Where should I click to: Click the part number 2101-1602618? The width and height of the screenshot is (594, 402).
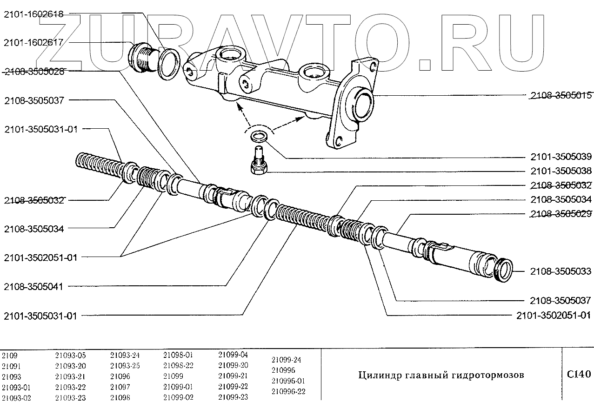[33, 14]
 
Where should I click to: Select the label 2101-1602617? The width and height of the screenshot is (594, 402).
[33, 42]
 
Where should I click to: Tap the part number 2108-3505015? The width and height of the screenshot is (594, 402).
[561, 96]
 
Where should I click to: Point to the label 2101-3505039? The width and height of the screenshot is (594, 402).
[561, 157]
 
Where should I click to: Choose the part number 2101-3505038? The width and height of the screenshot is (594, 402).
[561, 171]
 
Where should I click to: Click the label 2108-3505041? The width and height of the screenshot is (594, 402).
[33, 287]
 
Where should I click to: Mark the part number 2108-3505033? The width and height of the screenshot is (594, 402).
[561, 271]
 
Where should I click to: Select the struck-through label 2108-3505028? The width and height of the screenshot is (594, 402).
[33, 72]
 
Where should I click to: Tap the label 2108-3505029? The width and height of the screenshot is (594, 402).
[561, 214]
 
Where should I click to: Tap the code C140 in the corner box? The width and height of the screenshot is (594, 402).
[578, 374]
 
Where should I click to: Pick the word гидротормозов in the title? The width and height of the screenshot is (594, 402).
[493, 375]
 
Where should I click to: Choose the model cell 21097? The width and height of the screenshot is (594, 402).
[120, 387]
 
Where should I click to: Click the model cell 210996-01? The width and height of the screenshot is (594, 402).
[288, 381]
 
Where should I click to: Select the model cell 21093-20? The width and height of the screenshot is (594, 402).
[70, 366]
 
